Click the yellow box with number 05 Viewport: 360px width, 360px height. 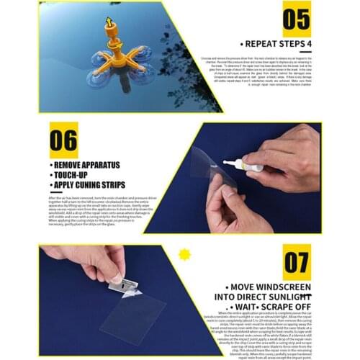pos(296,19)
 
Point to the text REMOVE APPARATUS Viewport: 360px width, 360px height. pos(87,165)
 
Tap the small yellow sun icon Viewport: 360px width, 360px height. pos(184,253)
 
